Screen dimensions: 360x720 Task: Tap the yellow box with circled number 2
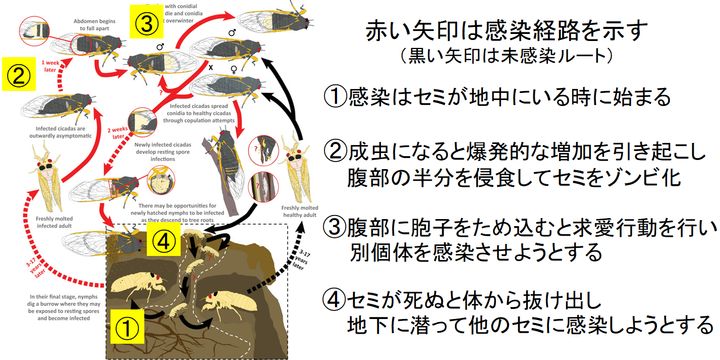point(17,73)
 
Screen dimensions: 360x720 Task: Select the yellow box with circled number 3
point(146,19)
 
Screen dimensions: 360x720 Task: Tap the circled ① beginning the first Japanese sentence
point(335,98)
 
